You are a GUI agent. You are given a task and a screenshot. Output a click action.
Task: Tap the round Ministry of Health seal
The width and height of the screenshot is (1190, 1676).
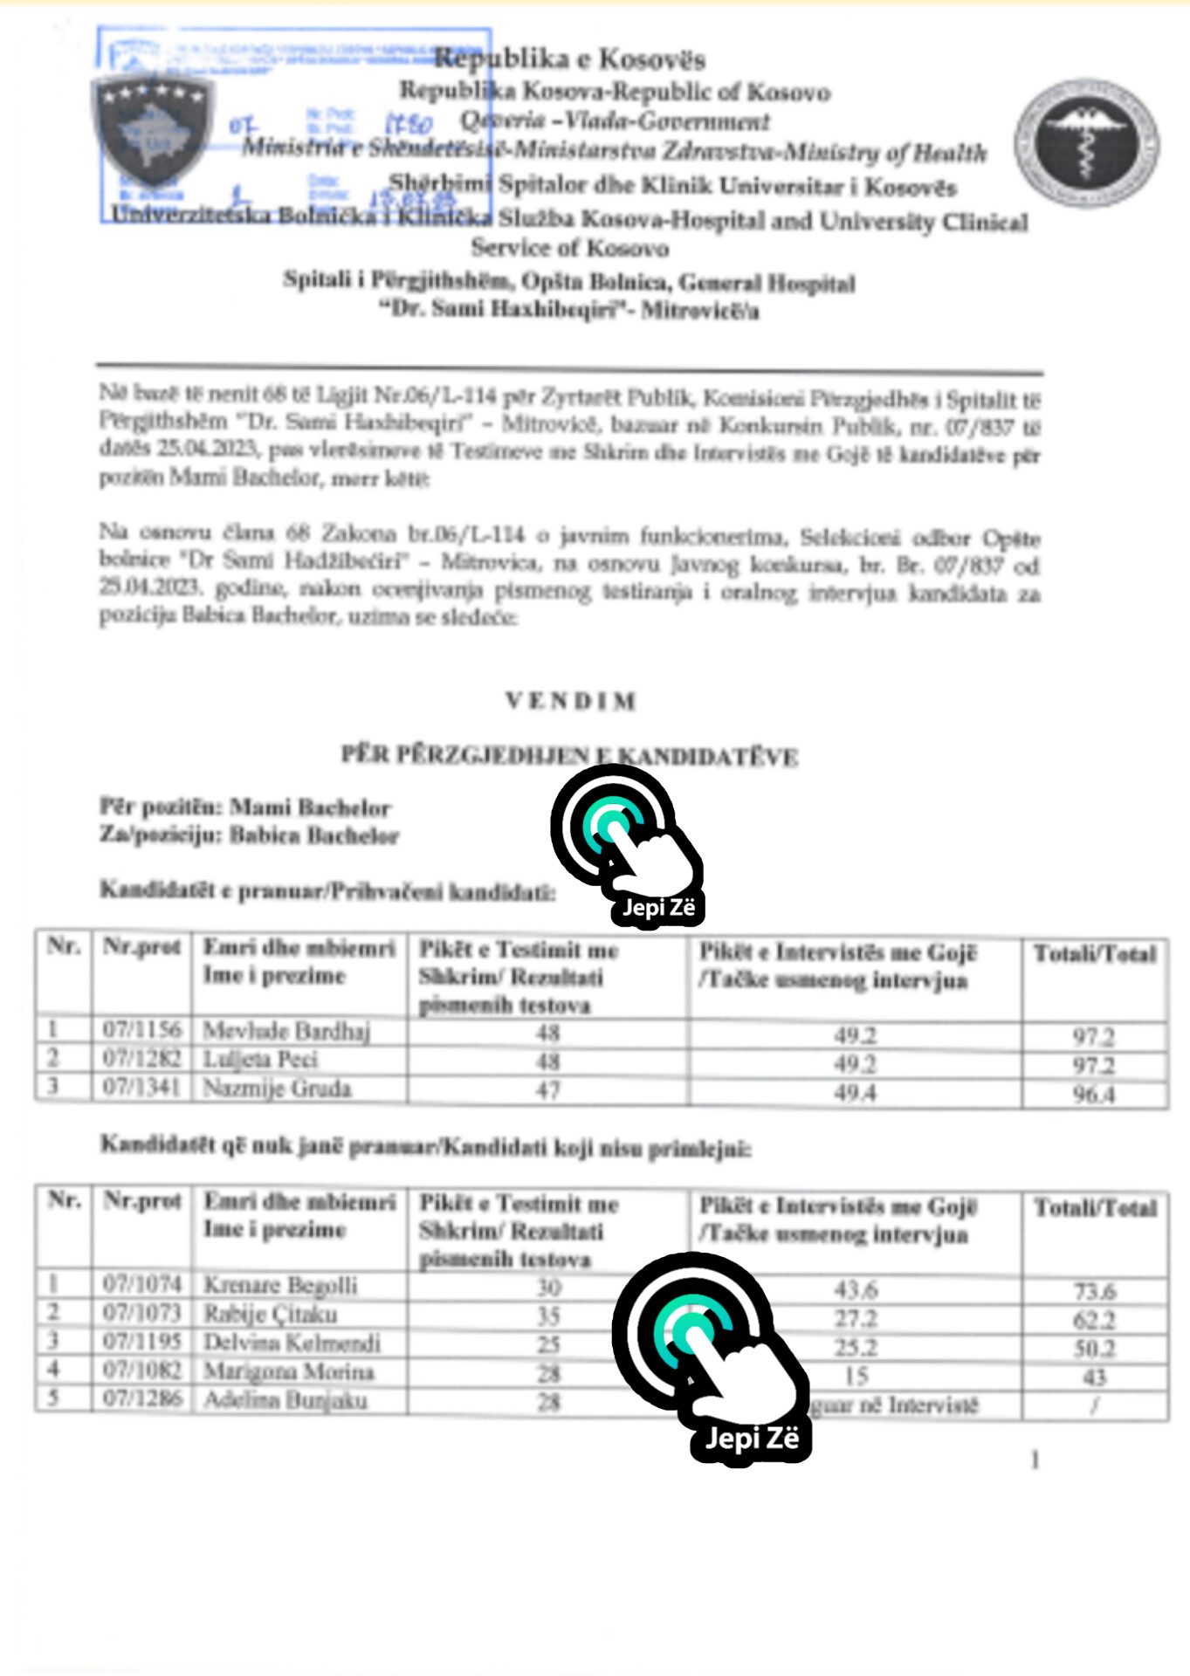(x=1086, y=143)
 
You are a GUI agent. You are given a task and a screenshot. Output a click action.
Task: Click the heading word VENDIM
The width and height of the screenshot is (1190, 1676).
(x=571, y=701)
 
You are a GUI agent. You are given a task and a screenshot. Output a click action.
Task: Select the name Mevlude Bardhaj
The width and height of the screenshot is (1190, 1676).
(x=286, y=1031)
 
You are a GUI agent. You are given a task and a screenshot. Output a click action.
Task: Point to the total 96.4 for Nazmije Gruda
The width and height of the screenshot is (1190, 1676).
(x=1094, y=1094)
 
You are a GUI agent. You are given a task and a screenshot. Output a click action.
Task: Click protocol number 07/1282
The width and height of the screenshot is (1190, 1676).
(x=141, y=1059)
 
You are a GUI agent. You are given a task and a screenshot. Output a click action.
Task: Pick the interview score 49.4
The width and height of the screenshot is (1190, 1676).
(x=855, y=1092)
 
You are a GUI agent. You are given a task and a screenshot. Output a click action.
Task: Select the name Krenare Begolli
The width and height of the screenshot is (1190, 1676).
(x=280, y=1285)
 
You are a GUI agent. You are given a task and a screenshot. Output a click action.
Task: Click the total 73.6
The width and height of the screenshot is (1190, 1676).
(x=1094, y=1291)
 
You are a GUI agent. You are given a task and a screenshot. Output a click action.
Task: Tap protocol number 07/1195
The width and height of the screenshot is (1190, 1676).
(x=141, y=1342)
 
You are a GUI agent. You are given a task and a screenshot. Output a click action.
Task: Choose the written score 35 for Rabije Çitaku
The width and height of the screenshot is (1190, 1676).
(x=548, y=1315)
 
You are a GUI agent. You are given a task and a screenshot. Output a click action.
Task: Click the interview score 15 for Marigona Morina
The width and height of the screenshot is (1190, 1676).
(x=856, y=1376)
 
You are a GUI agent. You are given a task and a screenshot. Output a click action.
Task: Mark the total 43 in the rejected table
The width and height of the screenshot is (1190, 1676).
(x=1094, y=1377)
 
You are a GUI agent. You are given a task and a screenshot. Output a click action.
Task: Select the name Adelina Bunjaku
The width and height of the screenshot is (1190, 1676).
(x=285, y=1400)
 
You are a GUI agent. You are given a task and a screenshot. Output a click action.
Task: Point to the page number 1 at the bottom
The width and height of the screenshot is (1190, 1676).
(x=1035, y=1460)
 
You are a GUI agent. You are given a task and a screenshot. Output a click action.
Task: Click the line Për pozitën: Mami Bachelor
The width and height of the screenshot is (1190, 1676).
(x=244, y=807)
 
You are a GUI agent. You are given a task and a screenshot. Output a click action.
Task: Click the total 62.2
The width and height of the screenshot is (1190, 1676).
(x=1094, y=1320)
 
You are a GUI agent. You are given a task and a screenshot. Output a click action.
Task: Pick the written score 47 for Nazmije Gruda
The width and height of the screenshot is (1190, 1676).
(x=547, y=1089)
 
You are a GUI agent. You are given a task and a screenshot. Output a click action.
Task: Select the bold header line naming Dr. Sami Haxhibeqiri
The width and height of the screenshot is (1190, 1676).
(x=569, y=310)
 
